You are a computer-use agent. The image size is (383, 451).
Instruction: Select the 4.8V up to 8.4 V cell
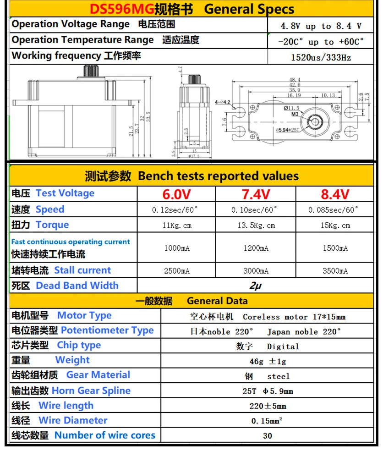321,26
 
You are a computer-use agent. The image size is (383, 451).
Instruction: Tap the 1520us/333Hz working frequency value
321,57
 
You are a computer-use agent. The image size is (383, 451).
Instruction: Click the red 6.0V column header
176,194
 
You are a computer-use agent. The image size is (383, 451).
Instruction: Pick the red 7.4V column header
256,194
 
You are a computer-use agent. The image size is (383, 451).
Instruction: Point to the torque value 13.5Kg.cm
256,225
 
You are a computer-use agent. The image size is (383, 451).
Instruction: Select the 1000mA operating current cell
176,248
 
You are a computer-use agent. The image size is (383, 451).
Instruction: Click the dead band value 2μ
255,286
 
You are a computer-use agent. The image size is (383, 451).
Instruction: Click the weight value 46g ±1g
268,361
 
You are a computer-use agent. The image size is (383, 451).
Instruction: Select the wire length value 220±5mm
268,406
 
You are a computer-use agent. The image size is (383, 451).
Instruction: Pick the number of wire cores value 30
268,435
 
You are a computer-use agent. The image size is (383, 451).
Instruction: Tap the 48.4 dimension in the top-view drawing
295,79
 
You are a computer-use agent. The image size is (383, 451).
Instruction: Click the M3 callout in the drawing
295,114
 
